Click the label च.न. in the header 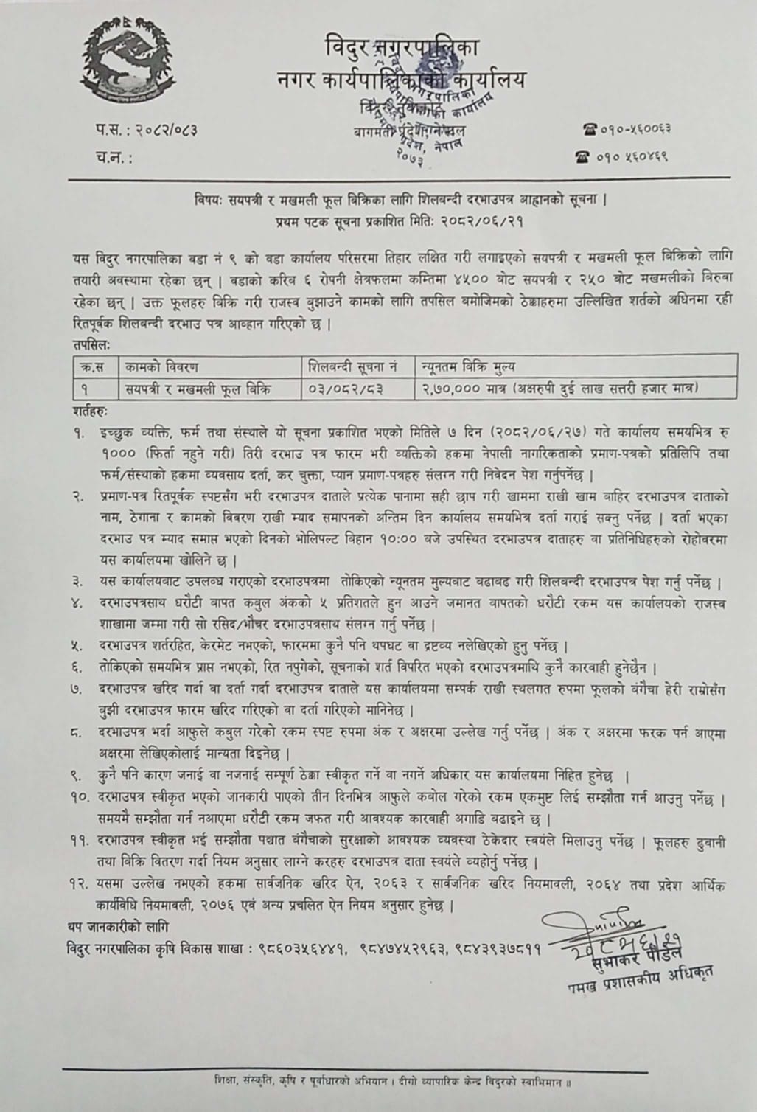coord(110,157)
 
